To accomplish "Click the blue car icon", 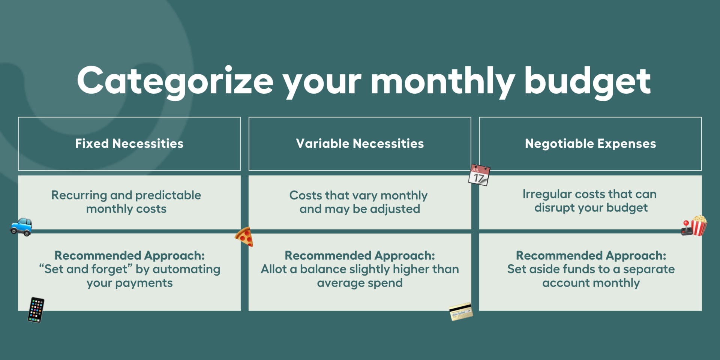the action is pos(21,227).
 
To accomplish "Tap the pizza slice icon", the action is pos(244,237).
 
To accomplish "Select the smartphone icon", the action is pos(36,310).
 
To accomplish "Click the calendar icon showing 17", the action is pos(479,175).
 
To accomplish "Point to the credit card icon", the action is pos(461,312).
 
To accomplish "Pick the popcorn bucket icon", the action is pos(698,225).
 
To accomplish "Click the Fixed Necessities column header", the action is pos(129,144).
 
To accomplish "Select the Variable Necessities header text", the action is pos(360,144).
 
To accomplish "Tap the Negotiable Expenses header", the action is pos(591,144).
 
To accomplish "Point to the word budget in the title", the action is pos(587,82).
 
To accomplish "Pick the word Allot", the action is pos(274,269).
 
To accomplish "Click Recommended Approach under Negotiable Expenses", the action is pos(591,256).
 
